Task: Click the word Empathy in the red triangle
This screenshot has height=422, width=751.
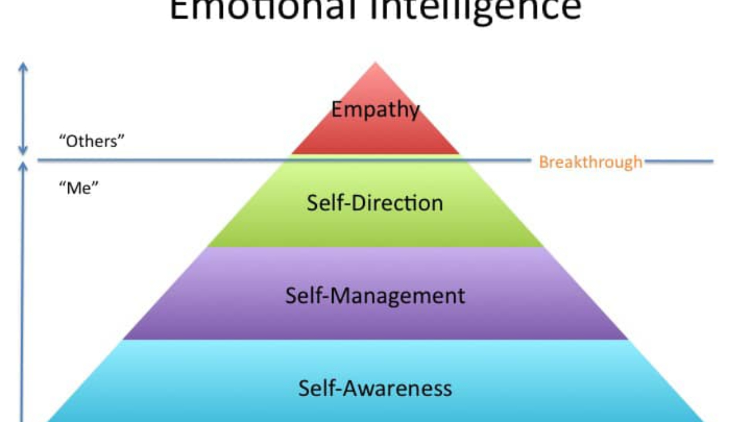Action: click(x=375, y=110)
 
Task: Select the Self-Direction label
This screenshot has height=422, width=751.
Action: click(x=375, y=203)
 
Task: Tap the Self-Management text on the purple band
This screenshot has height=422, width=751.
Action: click(x=375, y=295)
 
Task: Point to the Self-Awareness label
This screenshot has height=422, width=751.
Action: click(x=375, y=387)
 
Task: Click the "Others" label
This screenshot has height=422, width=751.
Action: click(x=92, y=141)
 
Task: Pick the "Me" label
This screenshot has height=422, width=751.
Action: click(x=79, y=188)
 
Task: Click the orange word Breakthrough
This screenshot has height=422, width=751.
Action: click(x=590, y=162)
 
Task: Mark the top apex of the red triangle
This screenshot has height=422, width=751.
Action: click(x=375, y=63)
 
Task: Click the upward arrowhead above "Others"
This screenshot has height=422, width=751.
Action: click(x=23, y=66)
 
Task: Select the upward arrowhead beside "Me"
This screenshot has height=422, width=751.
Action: click(x=23, y=166)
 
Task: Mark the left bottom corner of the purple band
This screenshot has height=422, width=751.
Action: click(x=124, y=339)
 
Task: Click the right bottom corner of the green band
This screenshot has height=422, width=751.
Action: click(x=544, y=246)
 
